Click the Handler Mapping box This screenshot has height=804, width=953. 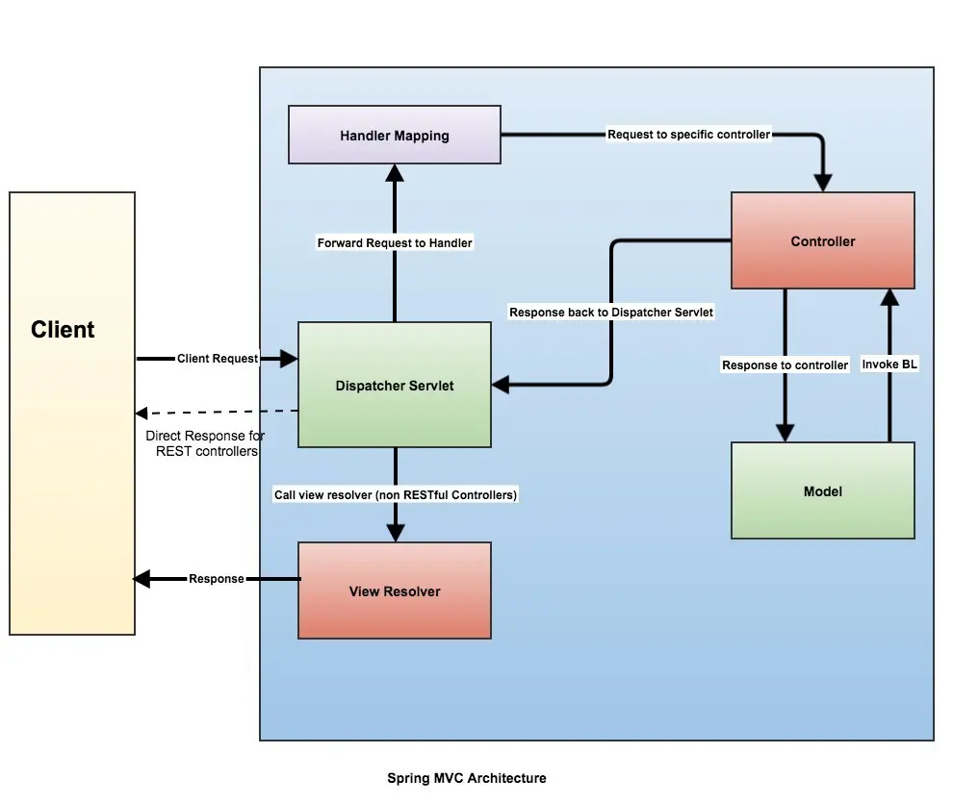tap(395, 136)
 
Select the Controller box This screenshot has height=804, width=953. tap(822, 241)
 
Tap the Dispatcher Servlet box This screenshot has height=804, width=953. tap(395, 386)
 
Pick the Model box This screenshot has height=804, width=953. tap(822, 491)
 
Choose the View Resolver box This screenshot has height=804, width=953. tap(395, 591)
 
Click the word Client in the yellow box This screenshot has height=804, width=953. tap(63, 330)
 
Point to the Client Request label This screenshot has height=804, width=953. tap(218, 359)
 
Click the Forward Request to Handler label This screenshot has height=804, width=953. tap(395, 243)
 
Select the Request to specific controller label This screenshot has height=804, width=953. tap(688, 135)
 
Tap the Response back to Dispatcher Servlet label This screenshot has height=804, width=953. tap(611, 313)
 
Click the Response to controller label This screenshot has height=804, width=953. tap(785, 365)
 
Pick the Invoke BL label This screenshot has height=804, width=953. tap(889, 364)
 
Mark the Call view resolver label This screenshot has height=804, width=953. tap(395, 494)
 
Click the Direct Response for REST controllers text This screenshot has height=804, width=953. tap(205, 443)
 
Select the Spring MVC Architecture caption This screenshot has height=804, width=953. tap(467, 778)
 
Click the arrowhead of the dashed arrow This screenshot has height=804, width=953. tap(141, 414)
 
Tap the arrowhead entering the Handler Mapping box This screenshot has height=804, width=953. tap(395, 172)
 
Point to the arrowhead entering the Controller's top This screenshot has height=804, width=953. tap(822, 183)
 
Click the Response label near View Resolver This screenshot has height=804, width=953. tap(216, 579)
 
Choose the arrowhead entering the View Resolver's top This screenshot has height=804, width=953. tap(395, 533)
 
